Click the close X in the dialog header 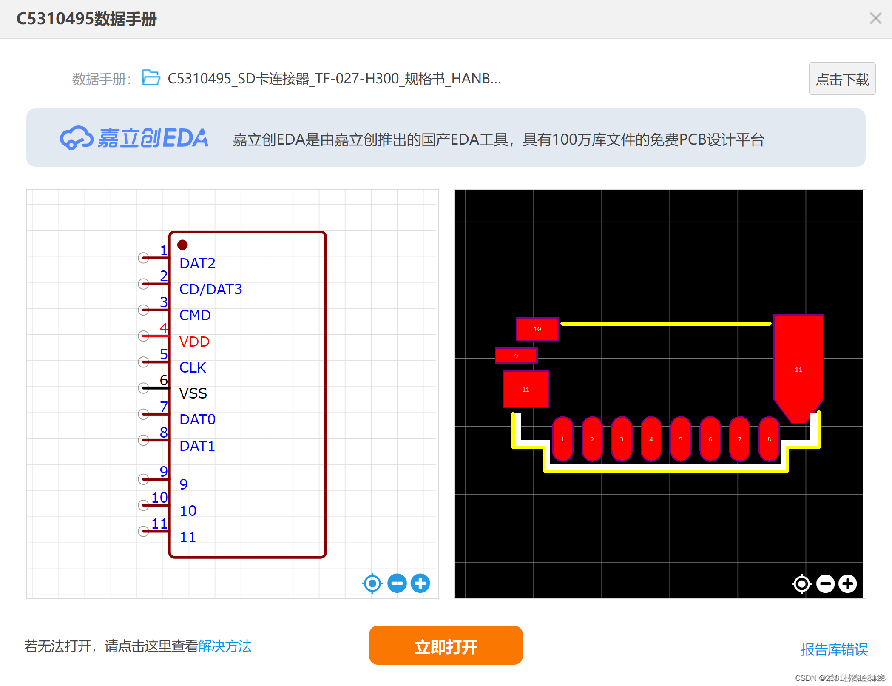click(x=875, y=18)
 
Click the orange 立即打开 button click(x=446, y=645)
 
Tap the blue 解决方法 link click(x=225, y=646)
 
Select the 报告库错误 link click(x=834, y=649)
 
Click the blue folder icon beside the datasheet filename click(x=151, y=78)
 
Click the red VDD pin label click(x=194, y=342)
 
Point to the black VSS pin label click(x=193, y=393)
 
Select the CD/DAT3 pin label click(x=210, y=289)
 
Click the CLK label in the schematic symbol click(x=193, y=367)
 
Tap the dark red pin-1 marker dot click(x=182, y=245)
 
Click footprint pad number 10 click(x=537, y=329)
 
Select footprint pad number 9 click(x=516, y=356)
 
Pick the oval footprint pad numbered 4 click(x=651, y=439)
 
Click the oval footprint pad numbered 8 click(x=769, y=439)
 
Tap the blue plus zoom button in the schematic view click(x=420, y=583)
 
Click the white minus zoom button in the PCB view click(x=825, y=584)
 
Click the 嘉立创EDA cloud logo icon click(x=76, y=138)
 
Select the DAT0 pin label click(x=197, y=419)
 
